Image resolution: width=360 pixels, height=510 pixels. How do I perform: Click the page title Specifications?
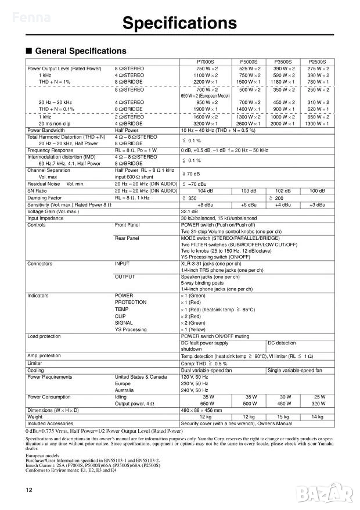[180, 23]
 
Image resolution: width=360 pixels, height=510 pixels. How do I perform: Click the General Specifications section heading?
[81, 51]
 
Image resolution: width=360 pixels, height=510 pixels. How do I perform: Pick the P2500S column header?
[318, 62]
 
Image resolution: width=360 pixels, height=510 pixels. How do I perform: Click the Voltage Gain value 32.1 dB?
[190, 211]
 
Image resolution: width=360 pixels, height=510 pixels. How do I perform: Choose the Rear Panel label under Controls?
[127, 238]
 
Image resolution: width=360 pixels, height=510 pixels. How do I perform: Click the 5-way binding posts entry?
[201, 282]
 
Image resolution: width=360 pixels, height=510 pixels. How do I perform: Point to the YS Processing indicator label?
[131, 329]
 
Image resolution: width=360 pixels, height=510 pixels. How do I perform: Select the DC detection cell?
[282, 343]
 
